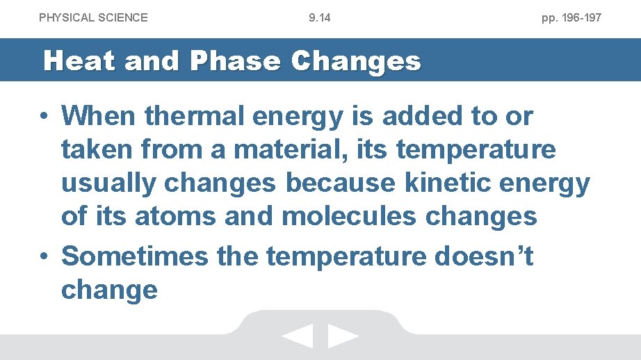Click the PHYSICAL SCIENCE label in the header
tap(93, 17)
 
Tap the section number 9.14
tap(320, 17)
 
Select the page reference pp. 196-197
tap(571, 17)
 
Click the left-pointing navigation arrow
tap(298, 337)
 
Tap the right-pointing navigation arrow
tap(343, 337)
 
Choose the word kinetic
tap(446, 183)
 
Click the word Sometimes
tap(134, 256)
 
